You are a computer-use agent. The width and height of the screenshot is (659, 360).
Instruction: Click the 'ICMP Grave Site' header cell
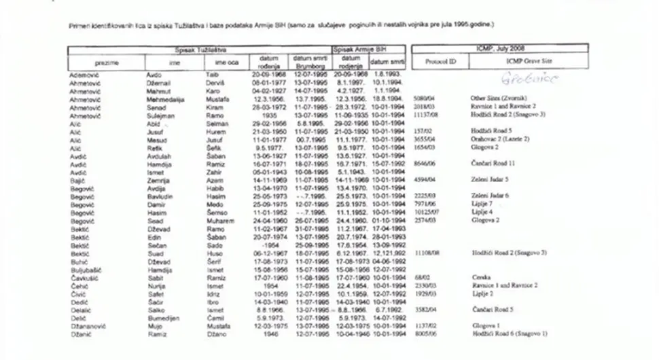point(529,62)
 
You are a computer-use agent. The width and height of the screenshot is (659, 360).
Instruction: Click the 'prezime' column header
point(107,62)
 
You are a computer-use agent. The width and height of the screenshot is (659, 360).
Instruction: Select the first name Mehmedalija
point(166,98)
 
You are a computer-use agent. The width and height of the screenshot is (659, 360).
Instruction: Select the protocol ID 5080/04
point(423,98)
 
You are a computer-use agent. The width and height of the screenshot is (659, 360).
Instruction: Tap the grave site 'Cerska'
point(481,276)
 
